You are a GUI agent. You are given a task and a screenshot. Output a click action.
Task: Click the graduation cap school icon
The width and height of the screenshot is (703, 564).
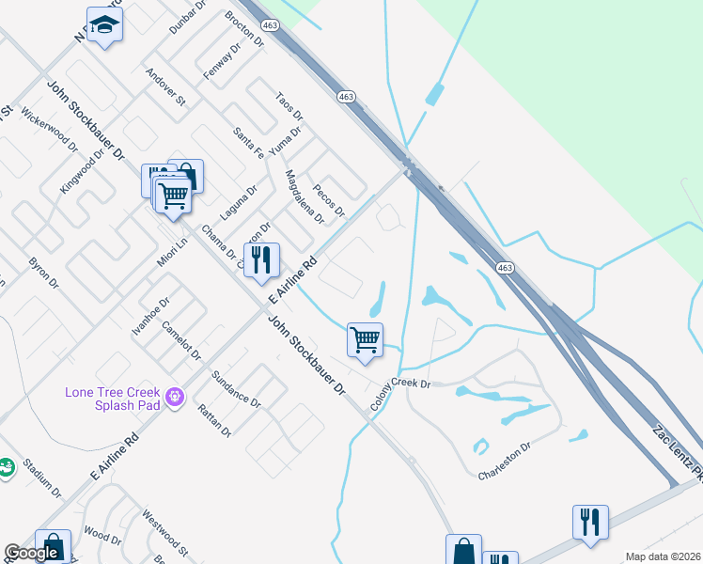coord(105,25)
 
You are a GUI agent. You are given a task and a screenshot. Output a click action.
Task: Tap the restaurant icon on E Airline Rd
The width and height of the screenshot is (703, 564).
coord(262,260)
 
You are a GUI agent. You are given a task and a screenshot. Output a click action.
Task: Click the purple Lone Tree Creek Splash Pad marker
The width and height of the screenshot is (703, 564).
coord(173,398)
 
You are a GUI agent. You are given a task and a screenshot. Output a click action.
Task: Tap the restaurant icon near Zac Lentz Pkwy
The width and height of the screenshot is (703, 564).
coord(590,522)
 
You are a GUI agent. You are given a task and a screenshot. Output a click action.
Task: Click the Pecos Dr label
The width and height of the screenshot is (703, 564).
coord(329,198)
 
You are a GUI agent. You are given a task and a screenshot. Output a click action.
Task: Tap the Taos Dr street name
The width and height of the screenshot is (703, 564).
coord(289,106)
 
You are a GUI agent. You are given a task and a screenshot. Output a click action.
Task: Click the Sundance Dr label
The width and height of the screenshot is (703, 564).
coord(235,388)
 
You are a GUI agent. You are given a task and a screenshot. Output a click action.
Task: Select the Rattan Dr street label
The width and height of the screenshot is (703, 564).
coord(214,420)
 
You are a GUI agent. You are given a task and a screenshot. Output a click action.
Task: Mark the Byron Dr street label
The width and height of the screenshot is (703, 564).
coord(44,272)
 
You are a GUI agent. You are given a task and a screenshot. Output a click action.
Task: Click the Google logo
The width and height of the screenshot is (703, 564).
coord(31,553)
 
